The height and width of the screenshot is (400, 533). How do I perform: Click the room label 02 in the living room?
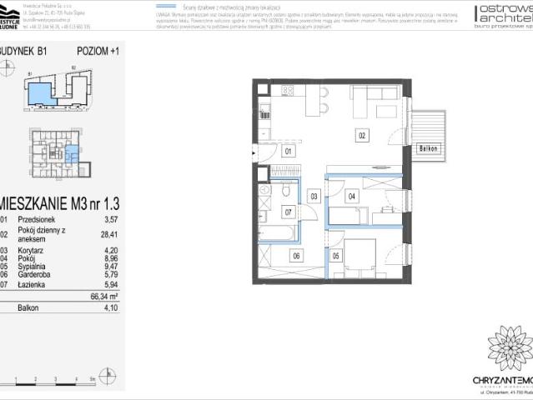(x=362, y=134)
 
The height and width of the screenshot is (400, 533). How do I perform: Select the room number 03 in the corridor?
(x=314, y=197)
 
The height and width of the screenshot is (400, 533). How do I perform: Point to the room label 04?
(x=352, y=197)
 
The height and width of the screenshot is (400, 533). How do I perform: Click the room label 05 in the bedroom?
(x=335, y=256)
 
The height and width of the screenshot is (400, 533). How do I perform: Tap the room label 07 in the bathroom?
(x=289, y=212)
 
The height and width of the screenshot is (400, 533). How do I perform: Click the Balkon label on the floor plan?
(x=428, y=148)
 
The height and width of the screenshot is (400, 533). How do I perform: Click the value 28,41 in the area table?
(x=104, y=234)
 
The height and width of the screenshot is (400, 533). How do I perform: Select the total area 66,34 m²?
(x=103, y=294)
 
